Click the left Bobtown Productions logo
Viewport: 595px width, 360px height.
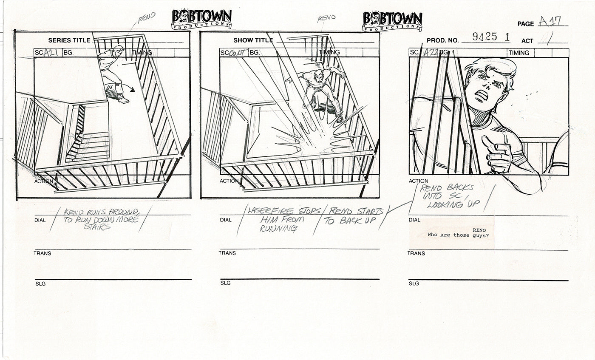point(201,20)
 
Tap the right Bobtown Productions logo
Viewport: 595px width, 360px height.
point(392,21)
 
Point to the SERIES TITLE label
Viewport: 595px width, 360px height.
point(69,40)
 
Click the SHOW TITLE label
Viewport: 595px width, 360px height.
point(253,40)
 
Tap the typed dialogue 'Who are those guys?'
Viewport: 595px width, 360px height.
point(458,235)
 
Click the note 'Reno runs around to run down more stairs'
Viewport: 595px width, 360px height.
point(101,219)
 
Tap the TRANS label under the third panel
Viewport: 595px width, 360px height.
point(416,253)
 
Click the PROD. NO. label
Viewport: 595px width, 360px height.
point(442,41)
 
